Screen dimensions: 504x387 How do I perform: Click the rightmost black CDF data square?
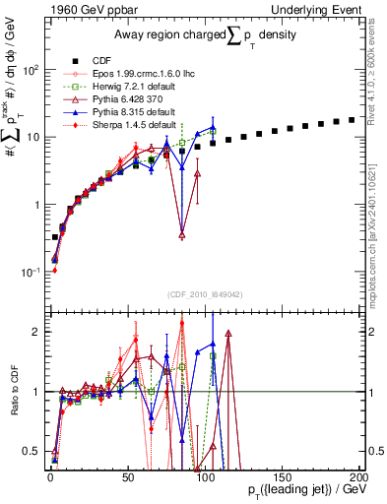(x=352, y=120)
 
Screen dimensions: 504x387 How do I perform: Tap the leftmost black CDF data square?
(x=54, y=237)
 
